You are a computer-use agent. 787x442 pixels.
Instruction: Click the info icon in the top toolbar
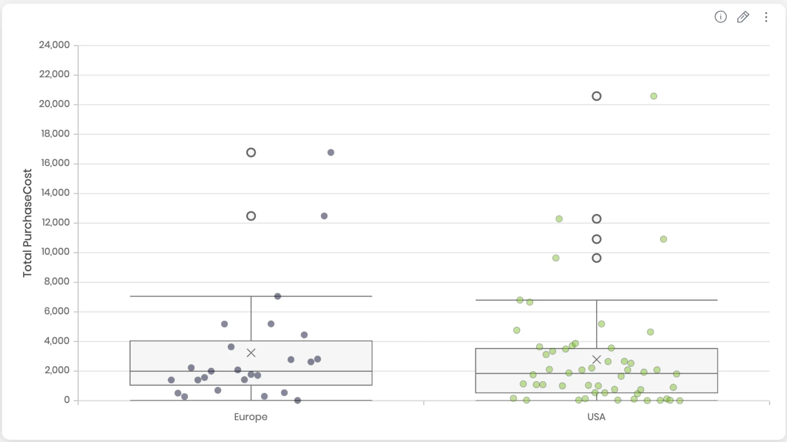click(x=720, y=17)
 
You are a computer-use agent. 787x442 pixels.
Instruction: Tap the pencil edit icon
click(x=743, y=17)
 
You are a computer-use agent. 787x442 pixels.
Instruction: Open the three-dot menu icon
click(x=766, y=17)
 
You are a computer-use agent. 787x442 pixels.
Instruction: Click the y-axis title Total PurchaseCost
click(x=27, y=223)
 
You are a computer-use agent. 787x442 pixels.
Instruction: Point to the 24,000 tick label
click(x=54, y=45)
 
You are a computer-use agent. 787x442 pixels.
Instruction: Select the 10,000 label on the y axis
click(x=55, y=252)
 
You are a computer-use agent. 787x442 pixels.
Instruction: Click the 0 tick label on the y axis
click(x=67, y=400)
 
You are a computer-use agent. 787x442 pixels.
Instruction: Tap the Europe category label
click(x=251, y=417)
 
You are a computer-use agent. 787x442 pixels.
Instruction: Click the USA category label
click(x=596, y=417)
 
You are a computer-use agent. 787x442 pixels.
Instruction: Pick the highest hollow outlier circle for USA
click(x=597, y=96)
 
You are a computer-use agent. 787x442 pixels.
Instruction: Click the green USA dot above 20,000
click(x=654, y=96)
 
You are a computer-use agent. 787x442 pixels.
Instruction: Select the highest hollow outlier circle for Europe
click(x=251, y=153)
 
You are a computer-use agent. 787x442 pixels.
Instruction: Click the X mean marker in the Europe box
click(x=251, y=353)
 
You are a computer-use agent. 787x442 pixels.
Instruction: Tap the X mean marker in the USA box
click(x=597, y=360)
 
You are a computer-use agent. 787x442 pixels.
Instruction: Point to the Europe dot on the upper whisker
click(x=277, y=296)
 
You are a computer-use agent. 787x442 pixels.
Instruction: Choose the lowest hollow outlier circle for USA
click(x=597, y=258)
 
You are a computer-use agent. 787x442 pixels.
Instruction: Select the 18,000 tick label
click(x=55, y=134)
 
